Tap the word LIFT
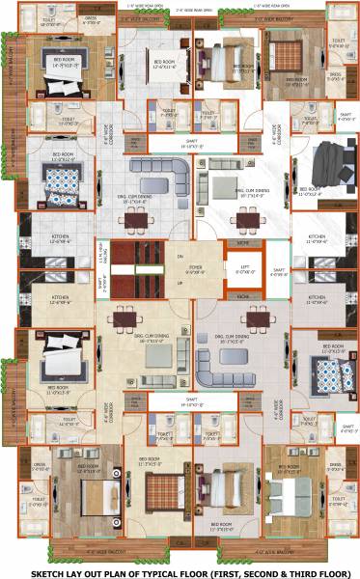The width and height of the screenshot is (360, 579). [x=245, y=268]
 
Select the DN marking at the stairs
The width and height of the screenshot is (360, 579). [x=179, y=256]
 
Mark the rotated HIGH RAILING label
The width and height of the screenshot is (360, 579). [x=102, y=257]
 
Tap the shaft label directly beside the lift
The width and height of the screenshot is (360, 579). [x=278, y=269]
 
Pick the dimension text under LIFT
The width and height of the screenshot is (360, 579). [x=245, y=274]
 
